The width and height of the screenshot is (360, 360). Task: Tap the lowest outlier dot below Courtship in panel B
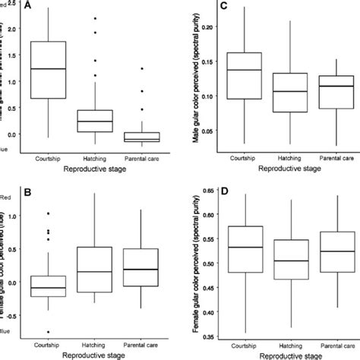tap(49, 332)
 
